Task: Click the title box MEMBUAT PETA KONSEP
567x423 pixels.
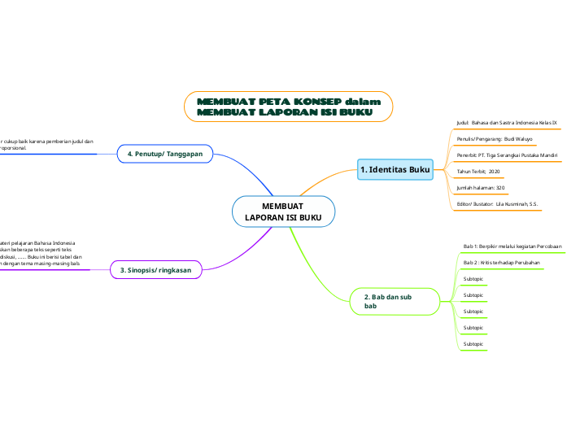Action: pos(289,107)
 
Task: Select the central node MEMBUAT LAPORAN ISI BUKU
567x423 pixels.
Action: pos(283,211)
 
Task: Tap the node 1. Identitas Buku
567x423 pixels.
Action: pos(395,169)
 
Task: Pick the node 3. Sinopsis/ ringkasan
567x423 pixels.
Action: pos(155,270)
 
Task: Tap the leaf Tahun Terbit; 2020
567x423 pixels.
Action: pos(478,172)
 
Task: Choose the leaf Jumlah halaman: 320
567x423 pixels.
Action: pos(481,188)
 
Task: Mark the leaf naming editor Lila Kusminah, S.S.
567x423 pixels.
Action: pos(497,204)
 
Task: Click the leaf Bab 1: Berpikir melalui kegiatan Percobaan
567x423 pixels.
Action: pos(512,246)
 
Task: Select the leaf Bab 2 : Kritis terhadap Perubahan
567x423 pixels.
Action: pos(499,263)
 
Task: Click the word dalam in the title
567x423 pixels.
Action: pos(363,101)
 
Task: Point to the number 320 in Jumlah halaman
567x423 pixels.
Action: pos(499,188)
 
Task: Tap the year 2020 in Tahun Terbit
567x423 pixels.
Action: pos(494,172)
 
